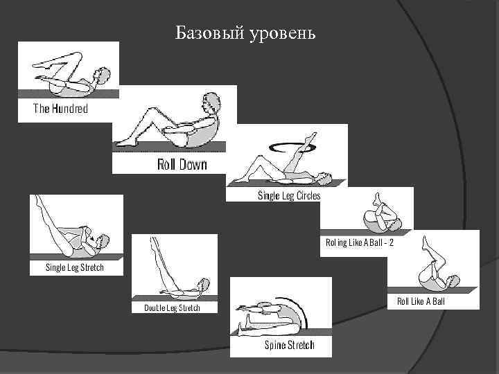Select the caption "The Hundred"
click(x=61, y=108)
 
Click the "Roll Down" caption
click(x=182, y=165)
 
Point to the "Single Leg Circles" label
click(x=288, y=195)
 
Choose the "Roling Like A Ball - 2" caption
click(x=360, y=242)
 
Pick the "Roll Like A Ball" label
click(x=420, y=301)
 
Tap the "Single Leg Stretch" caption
click(x=74, y=267)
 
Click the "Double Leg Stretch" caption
click(x=172, y=307)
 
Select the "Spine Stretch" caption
click(x=290, y=345)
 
